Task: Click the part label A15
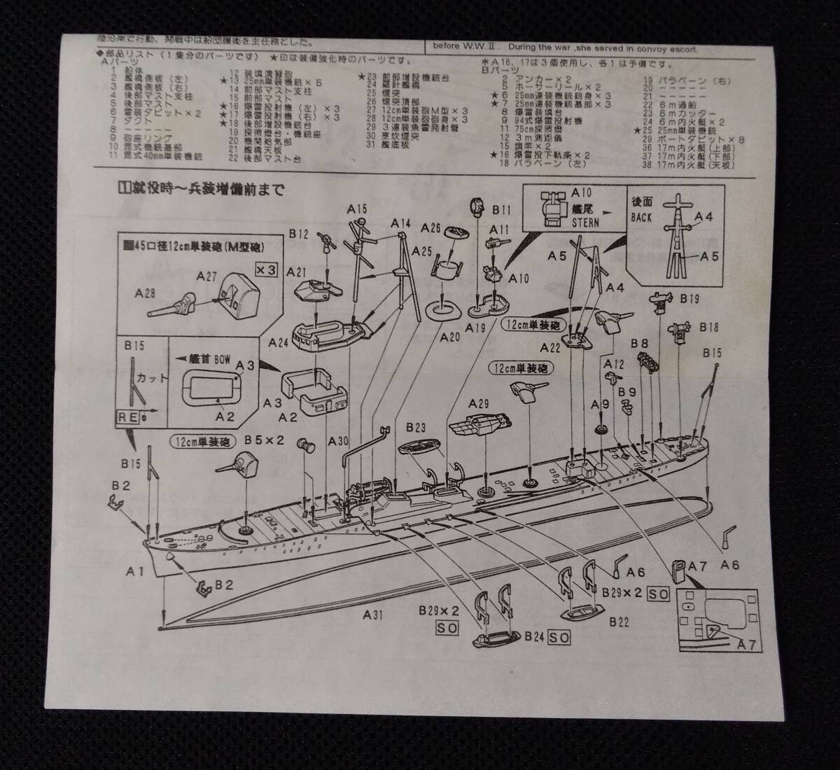(357, 209)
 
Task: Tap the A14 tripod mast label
(400, 223)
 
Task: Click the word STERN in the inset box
(586, 223)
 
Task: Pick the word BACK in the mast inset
(641, 217)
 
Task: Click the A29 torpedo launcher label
(478, 403)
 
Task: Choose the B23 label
(415, 428)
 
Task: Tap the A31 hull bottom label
(374, 615)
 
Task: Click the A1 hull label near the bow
(135, 571)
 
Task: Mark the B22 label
(619, 620)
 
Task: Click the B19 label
(689, 299)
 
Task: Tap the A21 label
(297, 272)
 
